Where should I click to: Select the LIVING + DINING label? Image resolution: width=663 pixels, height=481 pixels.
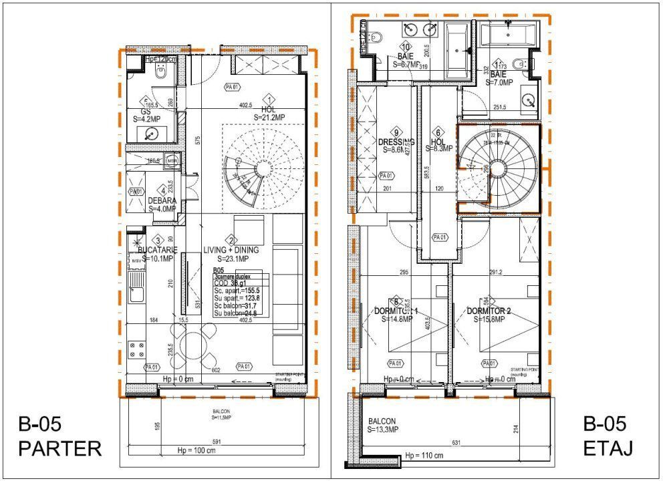click(x=231, y=254)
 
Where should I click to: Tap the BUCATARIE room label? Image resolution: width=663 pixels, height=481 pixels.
click(x=157, y=254)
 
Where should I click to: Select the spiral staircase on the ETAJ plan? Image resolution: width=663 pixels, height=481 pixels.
click(x=498, y=168)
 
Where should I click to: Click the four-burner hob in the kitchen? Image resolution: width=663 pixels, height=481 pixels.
click(x=136, y=349)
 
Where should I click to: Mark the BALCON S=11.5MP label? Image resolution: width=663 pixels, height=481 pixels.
click(x=218, y=415)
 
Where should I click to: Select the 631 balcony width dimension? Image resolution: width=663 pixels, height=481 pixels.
click(x=456, y=442)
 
